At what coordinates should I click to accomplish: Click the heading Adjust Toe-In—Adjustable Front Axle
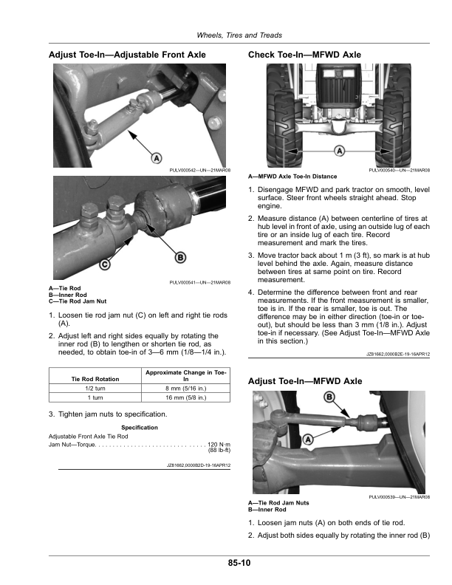[x=127, y=55]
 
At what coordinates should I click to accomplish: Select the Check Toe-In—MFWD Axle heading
[x=305, y=55]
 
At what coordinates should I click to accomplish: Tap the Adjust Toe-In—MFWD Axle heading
[x=305, y=381]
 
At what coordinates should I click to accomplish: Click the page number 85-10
[x=239, y=564]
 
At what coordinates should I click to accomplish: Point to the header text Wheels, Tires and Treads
[x=239, y=36]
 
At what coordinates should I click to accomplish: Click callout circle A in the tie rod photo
[x=157, y=158]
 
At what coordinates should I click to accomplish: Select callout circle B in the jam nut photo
[x=179, y=257]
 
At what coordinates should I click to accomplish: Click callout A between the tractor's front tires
[x=340, y=151]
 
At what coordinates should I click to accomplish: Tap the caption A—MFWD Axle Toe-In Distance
[x=292, y=177]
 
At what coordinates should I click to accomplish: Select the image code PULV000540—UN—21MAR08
[x=399, y=171]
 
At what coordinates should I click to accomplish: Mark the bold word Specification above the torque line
[x=140, y=428]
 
